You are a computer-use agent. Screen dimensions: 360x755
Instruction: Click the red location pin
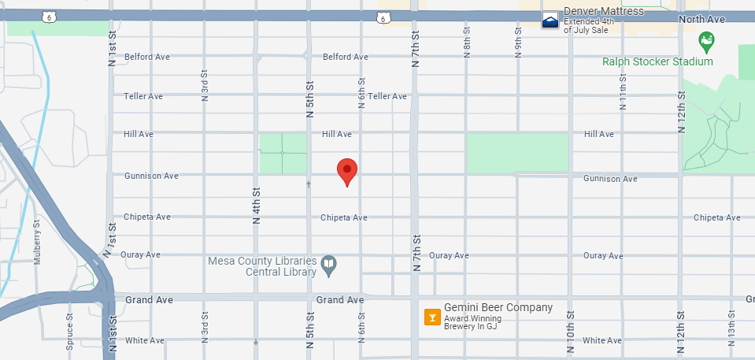coord(347,170)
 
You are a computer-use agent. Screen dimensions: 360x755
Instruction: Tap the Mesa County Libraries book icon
coord(331,267)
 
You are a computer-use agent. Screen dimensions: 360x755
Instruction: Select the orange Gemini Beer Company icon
coord(431,317)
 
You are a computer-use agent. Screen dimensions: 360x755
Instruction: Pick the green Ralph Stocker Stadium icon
coord(706,39)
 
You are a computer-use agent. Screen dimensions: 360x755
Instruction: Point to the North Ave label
coord(701,19)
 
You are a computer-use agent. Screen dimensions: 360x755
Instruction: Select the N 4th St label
coord(256,206)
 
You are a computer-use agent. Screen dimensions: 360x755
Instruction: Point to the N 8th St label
coord(467,46)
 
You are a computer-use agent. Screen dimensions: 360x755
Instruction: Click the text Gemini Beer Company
coord(498,308)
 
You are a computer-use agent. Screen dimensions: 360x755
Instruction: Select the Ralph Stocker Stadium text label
coord(657,61)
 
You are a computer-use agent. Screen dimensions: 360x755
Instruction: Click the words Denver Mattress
coord(604,11)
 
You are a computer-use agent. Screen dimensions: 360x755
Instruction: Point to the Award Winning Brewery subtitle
coord(473,323)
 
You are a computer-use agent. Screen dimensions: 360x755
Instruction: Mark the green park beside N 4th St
coord(283,152)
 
